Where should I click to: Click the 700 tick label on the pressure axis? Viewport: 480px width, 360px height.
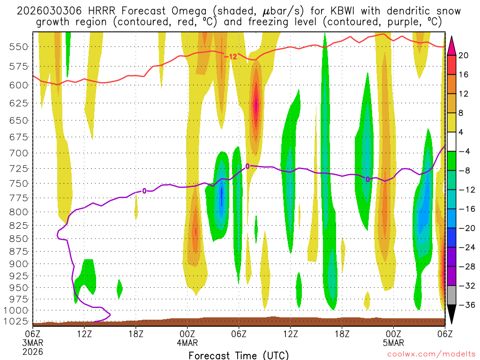(x=18, y=153)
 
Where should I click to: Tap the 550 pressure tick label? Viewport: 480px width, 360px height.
(x=18, y=46)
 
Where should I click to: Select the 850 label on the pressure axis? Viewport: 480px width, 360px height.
(x=18, y=239)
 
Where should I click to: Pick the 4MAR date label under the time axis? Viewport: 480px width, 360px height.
(x=187, y=343)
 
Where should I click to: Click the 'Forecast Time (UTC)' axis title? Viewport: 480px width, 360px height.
(x=239, y=355)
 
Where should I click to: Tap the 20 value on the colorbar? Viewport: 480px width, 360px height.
(x=464, y=55)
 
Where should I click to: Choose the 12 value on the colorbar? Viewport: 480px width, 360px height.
(x=464, y=94)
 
